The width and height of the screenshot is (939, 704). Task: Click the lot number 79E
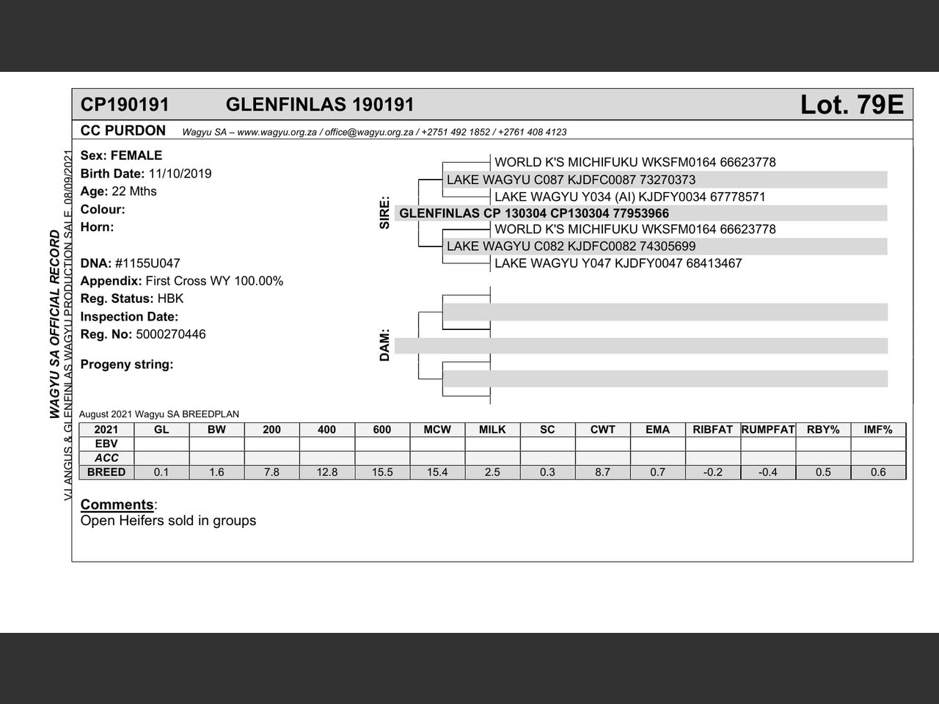click(x=852, y=105)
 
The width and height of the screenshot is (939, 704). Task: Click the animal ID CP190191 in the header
click(x=125, y=105)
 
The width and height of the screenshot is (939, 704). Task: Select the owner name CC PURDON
click(x=123, y=131)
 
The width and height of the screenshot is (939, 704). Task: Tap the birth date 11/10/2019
click(x=180, y=174)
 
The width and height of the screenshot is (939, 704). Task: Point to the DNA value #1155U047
click(x=147, y=263)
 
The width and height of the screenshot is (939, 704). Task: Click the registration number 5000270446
click(x=171, y=334)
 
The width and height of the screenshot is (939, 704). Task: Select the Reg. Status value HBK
click(x=170, y=298)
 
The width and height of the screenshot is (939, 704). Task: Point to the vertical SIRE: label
click(x=384, y=213)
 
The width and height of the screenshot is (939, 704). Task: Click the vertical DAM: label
click(x=384, y=345)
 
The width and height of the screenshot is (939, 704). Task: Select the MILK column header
click(x=492, y=430)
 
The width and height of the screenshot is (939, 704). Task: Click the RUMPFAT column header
click(x=767, y=430)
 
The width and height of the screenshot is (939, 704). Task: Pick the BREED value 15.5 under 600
click(x=382, y=472)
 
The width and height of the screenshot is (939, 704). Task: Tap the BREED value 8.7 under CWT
click(x=602, y=472)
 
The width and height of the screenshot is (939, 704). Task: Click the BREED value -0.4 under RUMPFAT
click(x=767, y=472)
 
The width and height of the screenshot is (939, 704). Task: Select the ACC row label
click(x=106, y=458)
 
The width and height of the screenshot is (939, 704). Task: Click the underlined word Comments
click(x=117, y=505)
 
